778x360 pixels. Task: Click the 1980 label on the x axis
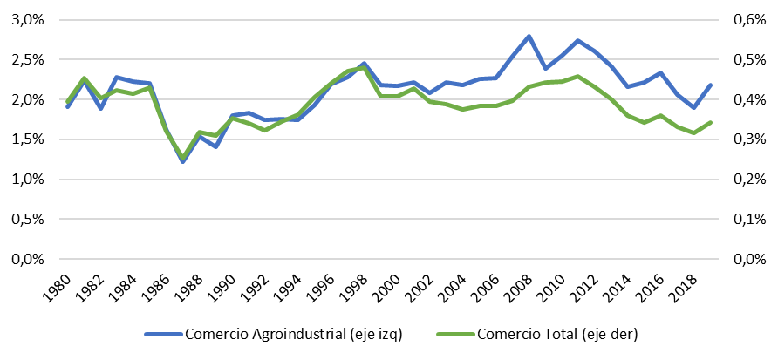click(60, 286)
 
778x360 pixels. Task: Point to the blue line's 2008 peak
click(529, 37)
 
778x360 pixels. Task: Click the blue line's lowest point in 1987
click(183, 161)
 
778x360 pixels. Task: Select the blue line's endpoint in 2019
click(710, 85)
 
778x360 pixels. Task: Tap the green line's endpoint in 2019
click(710, 122)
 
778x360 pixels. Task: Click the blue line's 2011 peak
click(578, 41)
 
